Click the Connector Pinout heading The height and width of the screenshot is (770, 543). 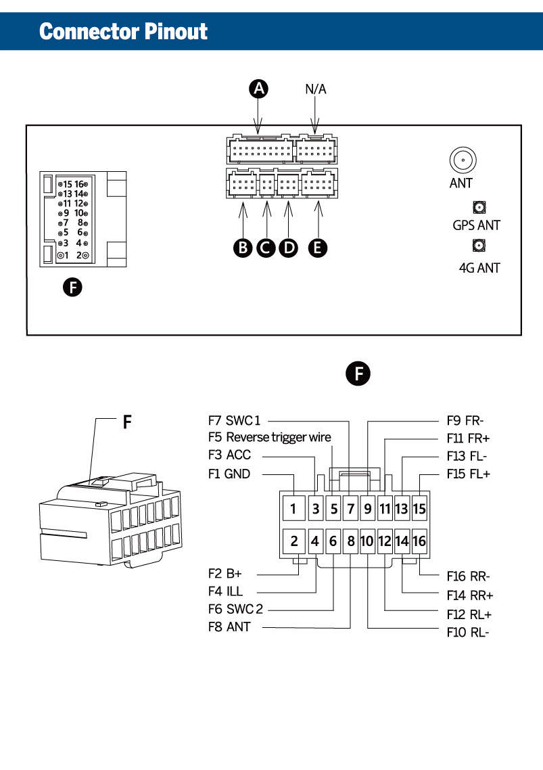pos(123,31)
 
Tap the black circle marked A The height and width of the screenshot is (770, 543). pos(259,88)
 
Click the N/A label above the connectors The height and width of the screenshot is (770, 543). pos(316,89)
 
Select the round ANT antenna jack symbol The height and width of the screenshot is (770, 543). pos(463,160)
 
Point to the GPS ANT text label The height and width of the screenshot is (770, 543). pos(476,225)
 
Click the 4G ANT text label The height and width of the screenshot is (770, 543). pos(479,268)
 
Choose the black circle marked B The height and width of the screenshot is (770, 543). pos(243,248)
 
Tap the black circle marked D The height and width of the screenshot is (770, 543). pos(289,248)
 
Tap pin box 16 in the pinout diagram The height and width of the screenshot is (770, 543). pos(419,541)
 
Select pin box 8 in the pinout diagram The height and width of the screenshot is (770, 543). pos(351,541)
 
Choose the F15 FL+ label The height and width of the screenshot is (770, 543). pos(468,474)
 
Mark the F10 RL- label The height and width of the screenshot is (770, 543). pos(468,633)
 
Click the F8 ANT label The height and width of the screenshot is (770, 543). pos(229,627)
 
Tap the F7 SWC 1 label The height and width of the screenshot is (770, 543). pos(234,420)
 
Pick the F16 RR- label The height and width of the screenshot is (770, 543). pos(468,576)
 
